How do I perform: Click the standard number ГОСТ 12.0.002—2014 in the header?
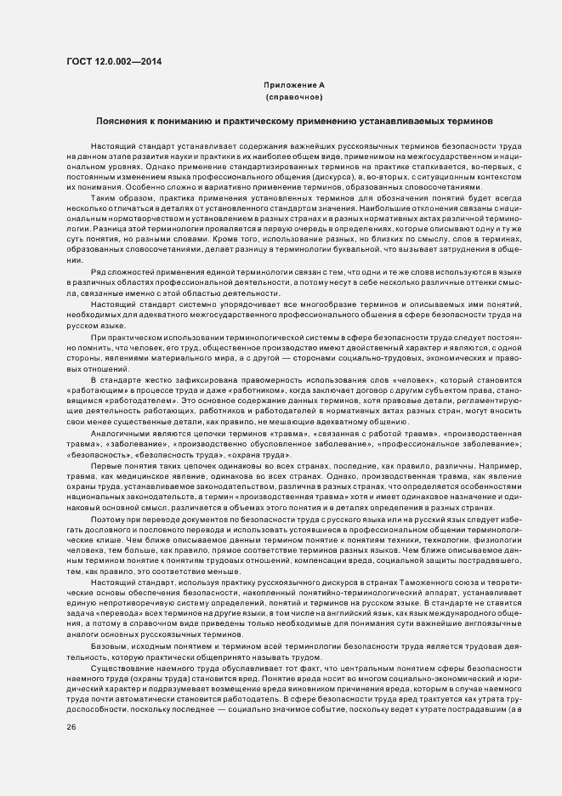pyautogui.click(x=113, y=62)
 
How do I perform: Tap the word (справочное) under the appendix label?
pyautogui.click(x=293, y=98)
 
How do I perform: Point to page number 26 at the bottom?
pyautogui.click(x=71, y=727)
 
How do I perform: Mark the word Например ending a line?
pyautogui.click(x=501, y=465)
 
